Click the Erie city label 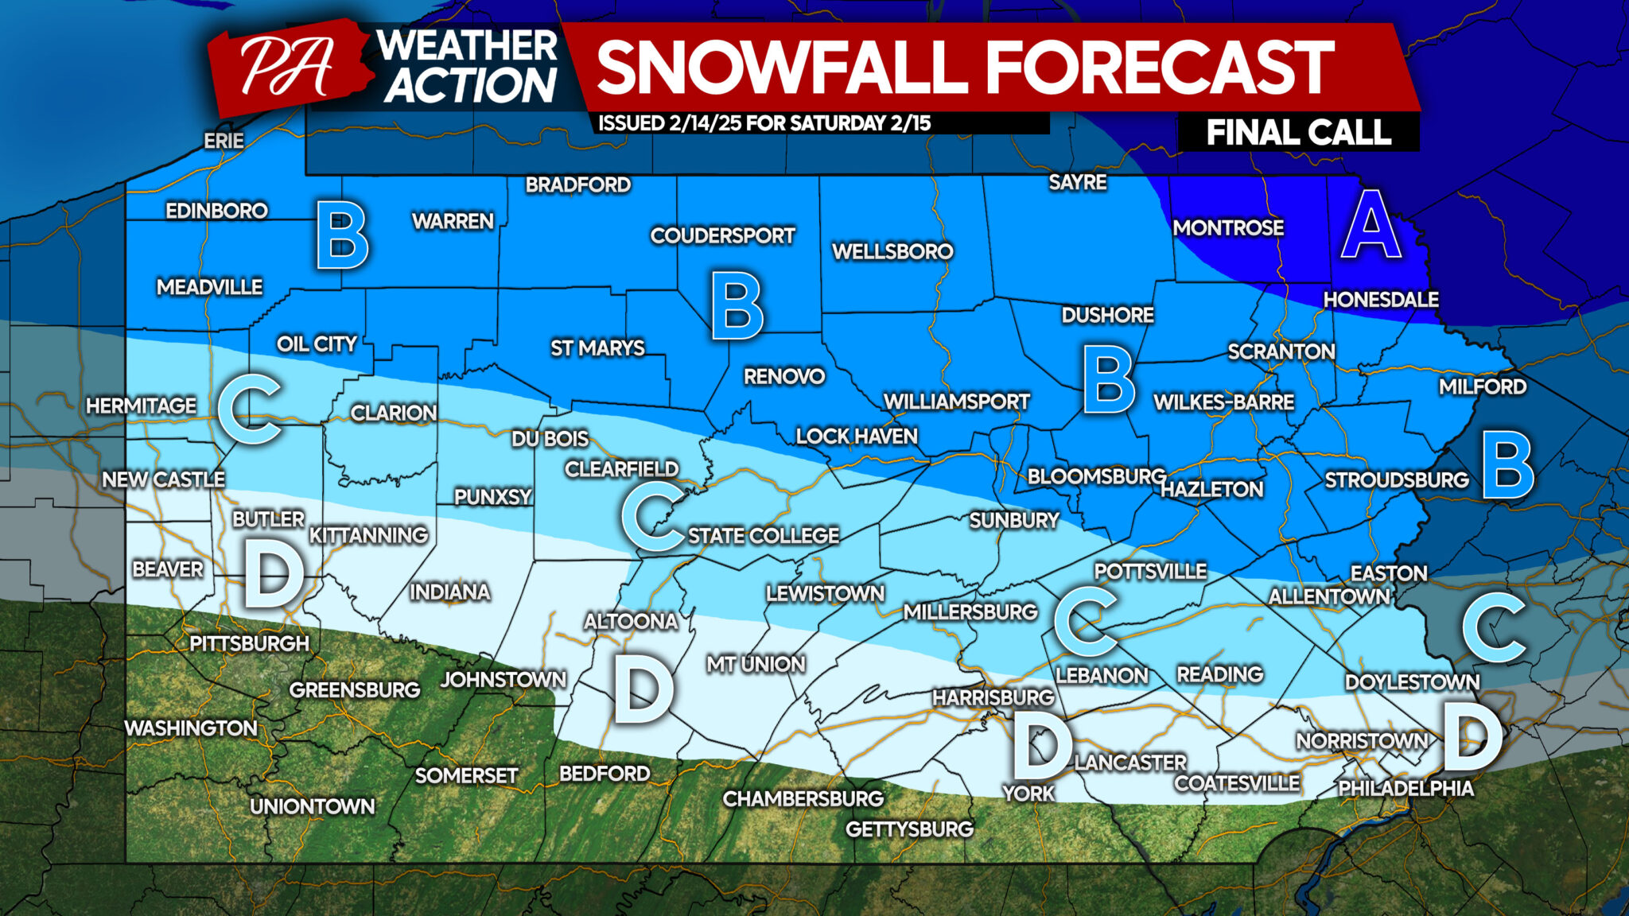coord(224,141)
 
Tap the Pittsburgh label coord(248,643)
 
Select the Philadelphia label coord(1405,788)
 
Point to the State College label coord(763,536)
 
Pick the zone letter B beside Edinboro coord(342,236)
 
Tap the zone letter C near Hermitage coord(251,409)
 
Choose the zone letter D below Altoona coord(643,692)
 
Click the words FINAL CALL coord(1298,132)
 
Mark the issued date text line coord(764,123)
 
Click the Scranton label coord(1281,351)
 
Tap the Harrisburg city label coord(993,697)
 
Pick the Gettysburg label coord(909,829)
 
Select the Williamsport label coord(956,402)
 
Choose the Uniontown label coord(312,806)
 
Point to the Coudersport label coord(722,235)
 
